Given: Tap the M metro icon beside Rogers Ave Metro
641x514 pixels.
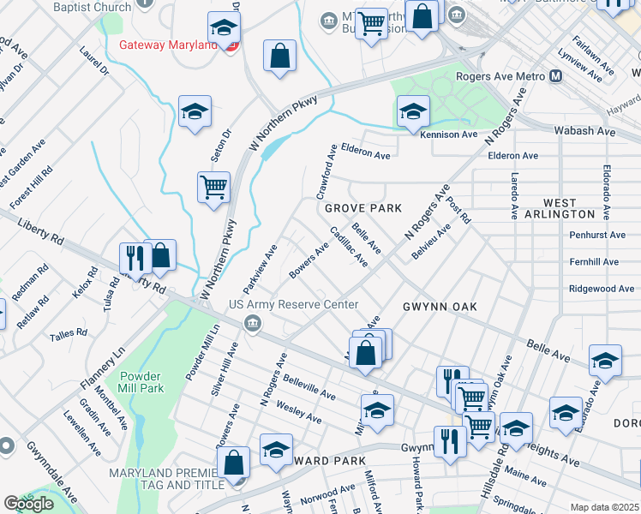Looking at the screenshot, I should tap(556, 76).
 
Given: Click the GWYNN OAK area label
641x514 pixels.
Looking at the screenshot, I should tap(440, 306).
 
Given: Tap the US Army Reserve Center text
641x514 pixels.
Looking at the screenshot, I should tap(292, 305).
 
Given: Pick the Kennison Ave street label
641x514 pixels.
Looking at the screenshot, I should tap(448, 134).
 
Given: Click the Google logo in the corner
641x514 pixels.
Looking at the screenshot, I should tap(28, 504).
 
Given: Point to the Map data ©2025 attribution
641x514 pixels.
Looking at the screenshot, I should tap(604, 507).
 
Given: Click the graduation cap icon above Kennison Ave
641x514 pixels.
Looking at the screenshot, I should tap(413, 111).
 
